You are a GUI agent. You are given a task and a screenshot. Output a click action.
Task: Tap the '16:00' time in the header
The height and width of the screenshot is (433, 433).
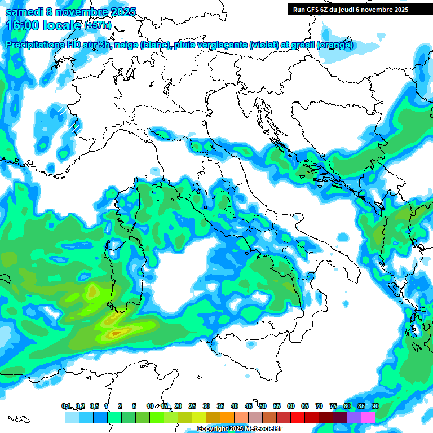[22, 25]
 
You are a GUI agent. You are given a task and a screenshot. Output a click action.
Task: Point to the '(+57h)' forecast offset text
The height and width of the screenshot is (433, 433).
[98, 25]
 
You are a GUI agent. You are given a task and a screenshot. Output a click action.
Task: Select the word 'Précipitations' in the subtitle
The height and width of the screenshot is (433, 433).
[34, 45]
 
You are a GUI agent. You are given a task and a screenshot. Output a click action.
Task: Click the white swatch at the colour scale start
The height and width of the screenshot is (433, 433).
[57, 417]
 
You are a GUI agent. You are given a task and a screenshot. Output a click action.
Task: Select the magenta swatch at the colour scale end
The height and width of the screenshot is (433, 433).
[368, 417]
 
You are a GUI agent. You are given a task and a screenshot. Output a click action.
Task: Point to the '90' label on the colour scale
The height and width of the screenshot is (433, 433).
[375, 406]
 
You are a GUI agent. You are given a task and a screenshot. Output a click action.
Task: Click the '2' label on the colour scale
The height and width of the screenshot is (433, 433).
[120, 406]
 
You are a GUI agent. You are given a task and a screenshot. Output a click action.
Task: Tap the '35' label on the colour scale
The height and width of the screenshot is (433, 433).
[220, 406]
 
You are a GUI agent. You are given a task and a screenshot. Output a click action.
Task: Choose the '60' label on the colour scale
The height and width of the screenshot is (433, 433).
[291, 406]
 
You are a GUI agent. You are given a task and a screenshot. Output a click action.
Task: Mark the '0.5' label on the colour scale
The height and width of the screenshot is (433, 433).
[94, 406]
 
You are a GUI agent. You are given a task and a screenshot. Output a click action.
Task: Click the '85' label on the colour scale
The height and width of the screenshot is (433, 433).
[361, 406]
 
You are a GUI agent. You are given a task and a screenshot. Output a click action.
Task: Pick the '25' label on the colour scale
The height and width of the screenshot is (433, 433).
[192, 406]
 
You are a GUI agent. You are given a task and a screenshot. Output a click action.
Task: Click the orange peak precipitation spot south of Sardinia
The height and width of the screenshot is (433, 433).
[116, 334]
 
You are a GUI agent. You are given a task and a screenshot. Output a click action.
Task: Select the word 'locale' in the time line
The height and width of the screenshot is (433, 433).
[62, 25]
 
